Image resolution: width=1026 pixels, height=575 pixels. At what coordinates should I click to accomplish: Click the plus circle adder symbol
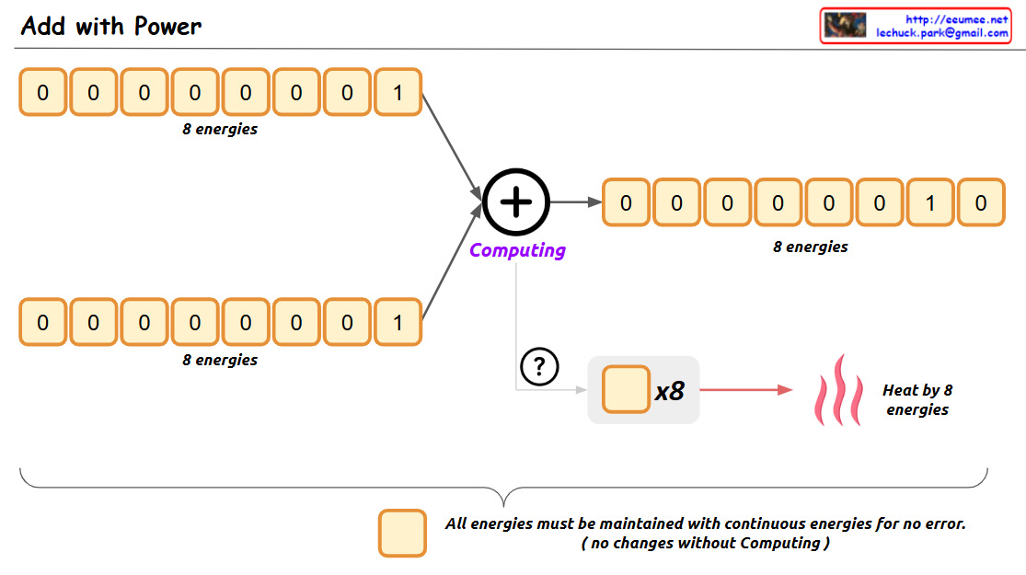(x=516, y=202)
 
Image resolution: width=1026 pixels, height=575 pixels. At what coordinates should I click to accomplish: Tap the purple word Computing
(x=517, y=250)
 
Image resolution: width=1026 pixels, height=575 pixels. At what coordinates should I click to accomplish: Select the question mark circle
(x=539, y=367)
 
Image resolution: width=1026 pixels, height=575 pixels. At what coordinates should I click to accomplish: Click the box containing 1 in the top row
(x=398, y=92)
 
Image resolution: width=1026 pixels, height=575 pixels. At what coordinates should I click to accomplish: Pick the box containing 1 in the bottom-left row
(x=398, y=322)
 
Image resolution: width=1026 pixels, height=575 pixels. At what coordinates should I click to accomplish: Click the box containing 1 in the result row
(x=930, y=202)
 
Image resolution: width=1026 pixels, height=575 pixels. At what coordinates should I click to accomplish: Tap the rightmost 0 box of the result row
(x=981, y=202)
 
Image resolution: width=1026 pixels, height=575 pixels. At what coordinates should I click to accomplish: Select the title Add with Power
(x=110, y=26)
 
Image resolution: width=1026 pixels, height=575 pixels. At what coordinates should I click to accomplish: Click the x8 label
(x=670, y=391)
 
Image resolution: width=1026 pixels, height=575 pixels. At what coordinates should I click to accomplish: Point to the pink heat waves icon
(x=838, y=390)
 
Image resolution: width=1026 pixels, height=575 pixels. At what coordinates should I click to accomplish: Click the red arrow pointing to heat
(x=745, y=390)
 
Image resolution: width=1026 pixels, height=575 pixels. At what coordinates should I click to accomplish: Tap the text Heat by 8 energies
(x=916, y=400)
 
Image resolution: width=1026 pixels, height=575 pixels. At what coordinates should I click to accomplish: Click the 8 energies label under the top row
(x=220, y=130)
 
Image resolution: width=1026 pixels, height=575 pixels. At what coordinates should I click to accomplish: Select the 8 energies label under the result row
(x=811, y=247)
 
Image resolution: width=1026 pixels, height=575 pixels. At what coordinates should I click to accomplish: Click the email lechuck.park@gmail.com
(x=941, y=32)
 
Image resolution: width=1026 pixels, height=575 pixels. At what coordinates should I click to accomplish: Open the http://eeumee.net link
(x=957, y=19)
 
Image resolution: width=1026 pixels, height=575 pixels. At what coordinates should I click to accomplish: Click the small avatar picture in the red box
(x=845, y=25)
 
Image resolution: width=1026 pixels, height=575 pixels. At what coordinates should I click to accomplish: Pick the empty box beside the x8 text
(x=626, y=390)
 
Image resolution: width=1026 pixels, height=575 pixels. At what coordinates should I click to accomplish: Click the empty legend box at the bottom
(x=402, y=534)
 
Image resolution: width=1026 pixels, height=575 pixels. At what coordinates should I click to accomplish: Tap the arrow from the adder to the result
(x=575, y=202)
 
